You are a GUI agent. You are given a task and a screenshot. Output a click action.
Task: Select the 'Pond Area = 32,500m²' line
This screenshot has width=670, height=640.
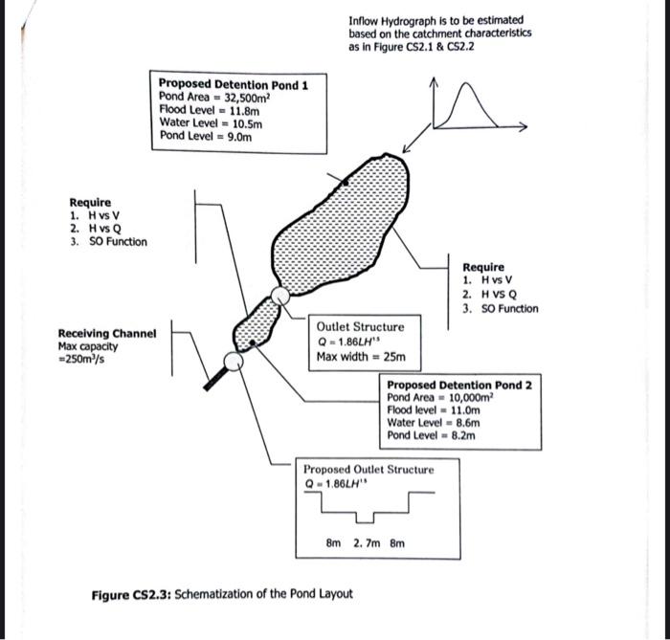[216, 97]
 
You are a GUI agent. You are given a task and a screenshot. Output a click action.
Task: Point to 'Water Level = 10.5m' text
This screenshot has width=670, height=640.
[211, 123]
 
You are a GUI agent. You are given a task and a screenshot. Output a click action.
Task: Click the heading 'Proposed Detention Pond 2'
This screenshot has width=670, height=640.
[459, 385]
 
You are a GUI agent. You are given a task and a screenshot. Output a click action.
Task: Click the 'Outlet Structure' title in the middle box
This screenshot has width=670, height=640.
[361, 327]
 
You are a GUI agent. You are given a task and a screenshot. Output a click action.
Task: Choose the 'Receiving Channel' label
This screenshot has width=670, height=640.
[107, 334]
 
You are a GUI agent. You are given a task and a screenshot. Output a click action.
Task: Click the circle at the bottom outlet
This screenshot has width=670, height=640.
[232, 362]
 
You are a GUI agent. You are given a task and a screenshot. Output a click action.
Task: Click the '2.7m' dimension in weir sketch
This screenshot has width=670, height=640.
[365, 542]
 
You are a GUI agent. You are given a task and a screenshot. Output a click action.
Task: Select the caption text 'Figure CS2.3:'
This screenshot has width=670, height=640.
[132, 594]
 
